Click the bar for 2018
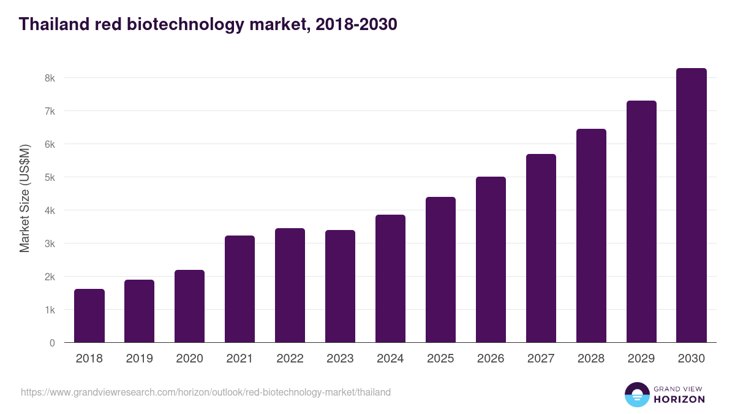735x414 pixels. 89,316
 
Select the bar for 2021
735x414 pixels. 239,289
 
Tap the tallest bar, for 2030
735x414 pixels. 692,205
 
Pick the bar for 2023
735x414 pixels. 340,286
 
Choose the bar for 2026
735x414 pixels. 491,259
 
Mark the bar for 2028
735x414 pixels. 591,236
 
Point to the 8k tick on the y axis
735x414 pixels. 50,79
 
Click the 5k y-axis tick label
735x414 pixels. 50,178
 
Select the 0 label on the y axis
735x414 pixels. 52,343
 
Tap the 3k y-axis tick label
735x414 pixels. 50,244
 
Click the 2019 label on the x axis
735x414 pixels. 140,359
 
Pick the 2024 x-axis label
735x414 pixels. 390,359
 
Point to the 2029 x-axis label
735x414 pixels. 641,359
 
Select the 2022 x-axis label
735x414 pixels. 290,359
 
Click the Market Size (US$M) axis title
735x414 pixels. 24,199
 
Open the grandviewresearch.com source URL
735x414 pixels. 206,392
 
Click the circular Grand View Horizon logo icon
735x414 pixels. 636,394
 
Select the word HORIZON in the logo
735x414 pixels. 679,399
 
